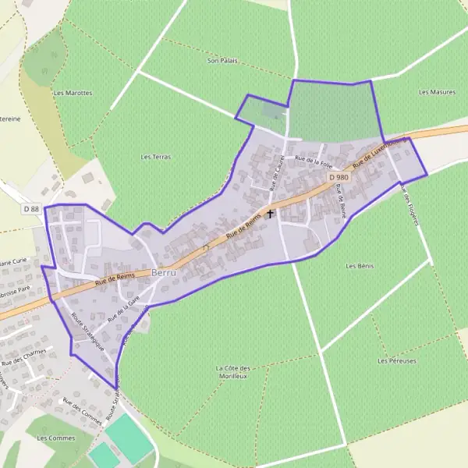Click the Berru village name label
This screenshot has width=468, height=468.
pos(165,273)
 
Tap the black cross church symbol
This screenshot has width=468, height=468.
pos(271,213)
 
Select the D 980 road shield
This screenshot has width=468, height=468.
pos(339,178)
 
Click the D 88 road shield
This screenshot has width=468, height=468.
pos(31,209)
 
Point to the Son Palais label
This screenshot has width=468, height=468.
pos(222,60)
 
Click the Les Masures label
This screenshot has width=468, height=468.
pos(436,92)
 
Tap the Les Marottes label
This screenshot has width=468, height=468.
pos(73,92)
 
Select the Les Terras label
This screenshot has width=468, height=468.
pos(156,157)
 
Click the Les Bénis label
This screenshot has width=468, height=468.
pos(360,266)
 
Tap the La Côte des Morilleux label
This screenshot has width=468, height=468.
pos(232,371)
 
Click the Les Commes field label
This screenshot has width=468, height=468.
pos(55,438)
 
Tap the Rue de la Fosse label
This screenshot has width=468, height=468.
pos(313,161)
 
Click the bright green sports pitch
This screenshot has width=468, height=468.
pos(129,436)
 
